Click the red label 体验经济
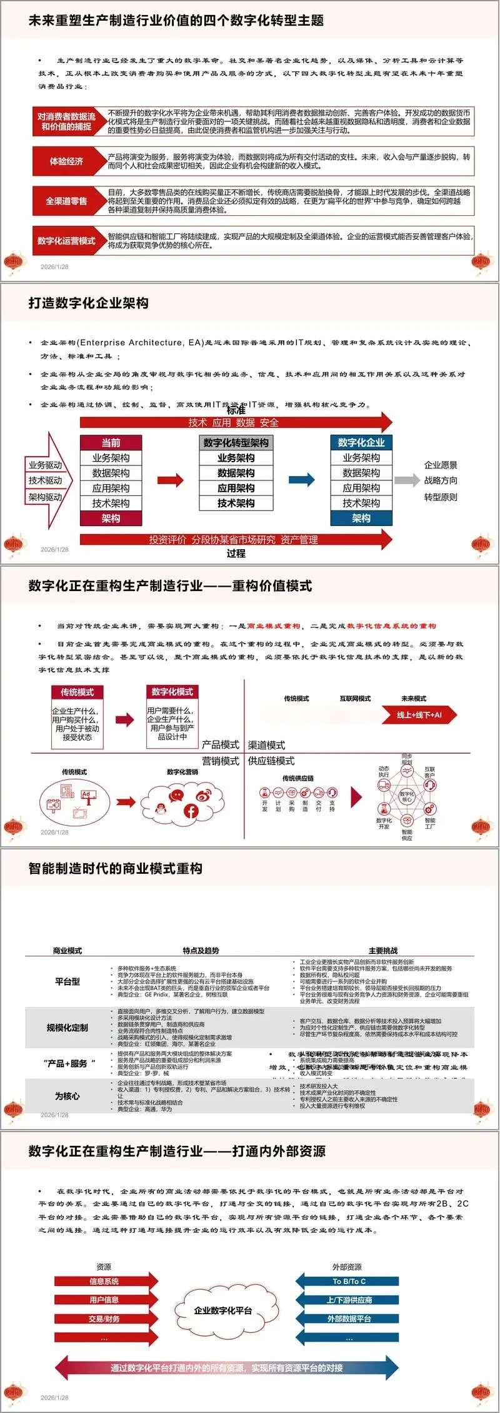click(x=66, y=161)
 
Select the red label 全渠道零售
click(x=66, y=201)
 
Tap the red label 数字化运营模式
click(x=66, y=241)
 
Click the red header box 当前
click(x=111, y=443)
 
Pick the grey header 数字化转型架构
click(x=236, y=443)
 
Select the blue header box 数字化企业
click(x=361, y=443)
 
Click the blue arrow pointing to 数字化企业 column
click(x=302, y=480)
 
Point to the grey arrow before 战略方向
click(x=407, y=480)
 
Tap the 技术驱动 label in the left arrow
click(x=45, y=480)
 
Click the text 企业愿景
click(x=441, y=465)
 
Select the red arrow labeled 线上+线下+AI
click(x=420, y=715)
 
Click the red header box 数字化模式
click(x=172, y=692)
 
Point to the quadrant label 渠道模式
click(x=267, y=745)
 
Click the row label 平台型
click(x=67, y=982)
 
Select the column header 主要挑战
click(x=383, y=951)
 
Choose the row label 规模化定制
click(x=67, y=1028)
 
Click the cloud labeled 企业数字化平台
click(x=224, y=1310)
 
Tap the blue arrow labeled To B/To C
click(x=348, y=1281)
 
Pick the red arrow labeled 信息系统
click(x=105, y=1281)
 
